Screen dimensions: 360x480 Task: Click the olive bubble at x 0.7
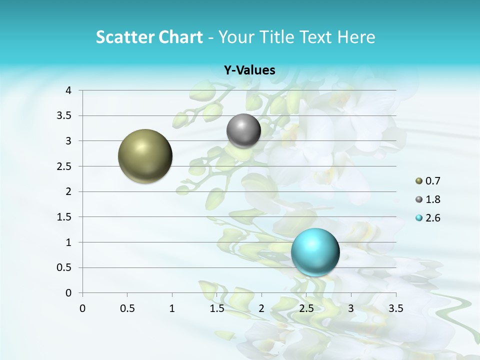(x=145, y=156)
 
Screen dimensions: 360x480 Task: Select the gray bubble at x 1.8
(x=243, y=131)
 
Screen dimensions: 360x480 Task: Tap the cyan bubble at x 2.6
(x=315, y=252)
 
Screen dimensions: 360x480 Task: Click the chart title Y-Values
(x=249, y=70)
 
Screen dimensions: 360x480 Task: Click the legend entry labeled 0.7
(x=428, y=181)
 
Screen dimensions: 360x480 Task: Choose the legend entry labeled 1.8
(x=428, y=199)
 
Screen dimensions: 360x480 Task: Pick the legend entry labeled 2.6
(x=428, y=218)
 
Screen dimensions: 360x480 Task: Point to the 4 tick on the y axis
(x=69, y=90)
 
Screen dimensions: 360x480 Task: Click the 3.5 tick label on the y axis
(x=65, y=116)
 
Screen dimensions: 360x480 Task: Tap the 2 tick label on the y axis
(x=69, y=191)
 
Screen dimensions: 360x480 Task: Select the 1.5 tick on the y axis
(x=65, y=217)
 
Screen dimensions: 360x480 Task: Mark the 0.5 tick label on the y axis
(x=65, y=267)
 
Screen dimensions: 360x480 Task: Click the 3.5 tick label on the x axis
(x=395, y=308)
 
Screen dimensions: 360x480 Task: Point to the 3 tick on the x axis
(x=351, y=308)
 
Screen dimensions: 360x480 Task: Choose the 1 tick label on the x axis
(x=172, y=308)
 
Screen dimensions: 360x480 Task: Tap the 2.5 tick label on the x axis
(x=306, y=308)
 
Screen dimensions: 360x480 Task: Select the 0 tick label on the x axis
(x=82, y=308)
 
